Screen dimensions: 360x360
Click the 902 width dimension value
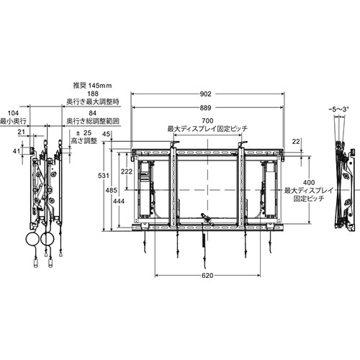coord(206,94)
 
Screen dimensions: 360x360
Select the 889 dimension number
coord(206,108)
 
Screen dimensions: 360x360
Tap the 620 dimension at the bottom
coord(207,276)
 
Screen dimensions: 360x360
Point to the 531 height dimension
coord(104,176)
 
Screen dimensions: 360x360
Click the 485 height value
coord(112,190)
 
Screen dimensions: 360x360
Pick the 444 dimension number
coord(119,201)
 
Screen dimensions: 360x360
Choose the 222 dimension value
coord(127,171)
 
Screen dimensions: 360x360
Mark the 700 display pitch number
coord(207,120)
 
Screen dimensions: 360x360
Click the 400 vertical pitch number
coord(309,182)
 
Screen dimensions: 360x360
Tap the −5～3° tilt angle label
coord(338,109)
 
